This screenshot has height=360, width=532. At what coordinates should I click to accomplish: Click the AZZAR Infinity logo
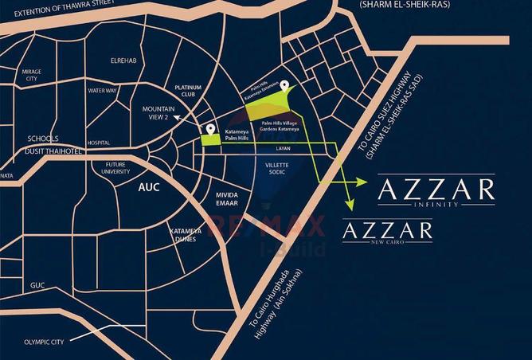coord(436,192)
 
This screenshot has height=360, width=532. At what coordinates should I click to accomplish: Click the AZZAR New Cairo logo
coord(387,233)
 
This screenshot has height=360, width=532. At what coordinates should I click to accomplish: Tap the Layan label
coord(284,149)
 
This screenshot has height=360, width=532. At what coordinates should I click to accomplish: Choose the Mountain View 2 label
coord(155,113)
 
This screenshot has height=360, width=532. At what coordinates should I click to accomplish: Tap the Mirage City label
coord(32,75)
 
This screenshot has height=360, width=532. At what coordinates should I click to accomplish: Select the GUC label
coord(37,284)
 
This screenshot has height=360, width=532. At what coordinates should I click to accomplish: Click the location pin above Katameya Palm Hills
coord(210,129)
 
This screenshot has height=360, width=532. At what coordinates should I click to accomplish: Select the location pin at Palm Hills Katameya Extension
coord(284,85)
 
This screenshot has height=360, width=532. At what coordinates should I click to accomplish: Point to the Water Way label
coord(103,91)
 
